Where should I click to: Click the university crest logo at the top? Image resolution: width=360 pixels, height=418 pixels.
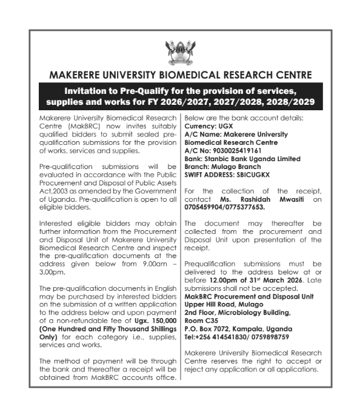[x=179, y=53]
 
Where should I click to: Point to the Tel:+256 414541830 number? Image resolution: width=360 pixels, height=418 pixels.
[x=216, y=336]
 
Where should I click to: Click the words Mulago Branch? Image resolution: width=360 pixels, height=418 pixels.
[x=235, y=166]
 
